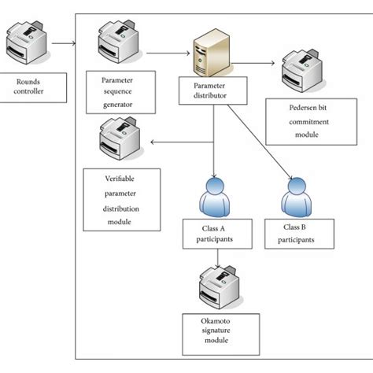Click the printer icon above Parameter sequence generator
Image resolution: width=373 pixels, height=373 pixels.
tap(117, 42)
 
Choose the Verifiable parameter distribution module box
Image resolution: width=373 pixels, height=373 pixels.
tap(120, 200)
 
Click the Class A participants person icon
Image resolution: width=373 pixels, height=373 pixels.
tap(215, 197)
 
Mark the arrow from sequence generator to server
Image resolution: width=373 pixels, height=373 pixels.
tap(168, 54)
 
